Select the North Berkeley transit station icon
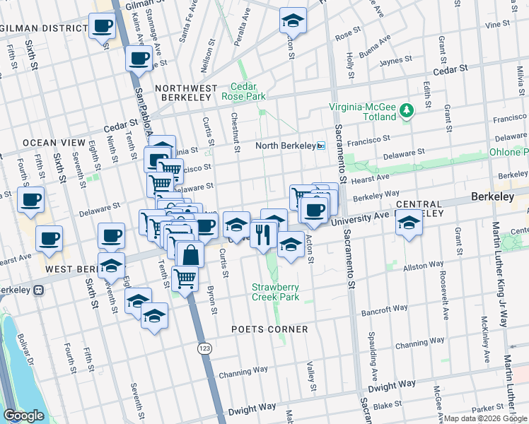[320, 146]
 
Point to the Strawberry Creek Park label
[277, 293]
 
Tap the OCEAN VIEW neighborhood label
[49, 142]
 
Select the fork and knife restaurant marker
[263, 233]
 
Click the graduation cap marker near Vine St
[292, 20]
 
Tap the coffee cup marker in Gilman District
[102, 27]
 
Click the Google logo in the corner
[23, 416]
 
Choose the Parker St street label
[485, 408]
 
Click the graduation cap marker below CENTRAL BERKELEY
[408, 224]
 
